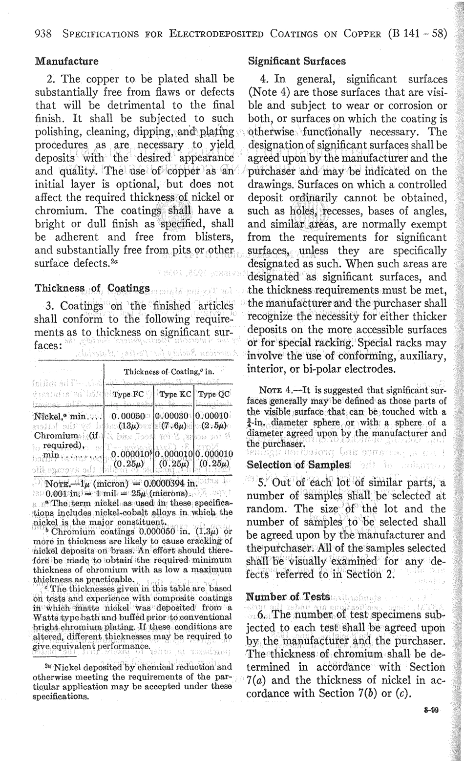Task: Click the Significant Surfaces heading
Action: coord(297,62)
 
